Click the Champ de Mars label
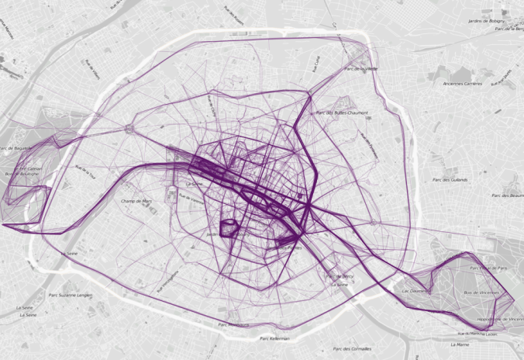pyautogui.click(x=136, y=202)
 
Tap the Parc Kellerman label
pyautogui.click(x=274, y=338)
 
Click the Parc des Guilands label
pyautogui.click(x=450, y=180)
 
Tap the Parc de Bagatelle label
pyautogui.click(x=16, y=147)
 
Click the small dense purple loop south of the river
pyautogui.click(x=230, y=228)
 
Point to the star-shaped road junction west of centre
pyautogui.click(x=129, y=129)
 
